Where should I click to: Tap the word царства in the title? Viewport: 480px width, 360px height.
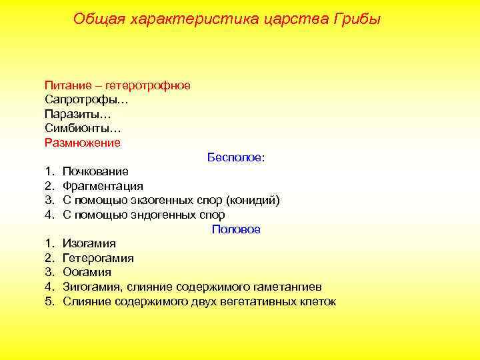click(x=292, y=19)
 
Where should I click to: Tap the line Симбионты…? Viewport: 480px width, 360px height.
click(x=83, y=128)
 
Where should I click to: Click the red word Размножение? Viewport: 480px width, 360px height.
click(x=83, y=143)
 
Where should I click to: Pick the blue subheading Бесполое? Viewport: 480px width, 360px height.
click(x=236, y=158)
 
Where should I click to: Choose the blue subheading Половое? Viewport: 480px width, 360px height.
click(x=236, y=229)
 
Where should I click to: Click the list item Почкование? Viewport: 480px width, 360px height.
click(x=96, y=172)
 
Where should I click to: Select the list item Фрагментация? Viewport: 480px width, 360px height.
click(x=103, y=186)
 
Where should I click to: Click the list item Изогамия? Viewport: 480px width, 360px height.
click(x=89, y=244)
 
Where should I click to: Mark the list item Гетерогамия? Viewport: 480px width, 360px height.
click(x=98, y=258)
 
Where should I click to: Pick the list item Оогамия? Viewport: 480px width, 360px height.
click(x=87, y=273)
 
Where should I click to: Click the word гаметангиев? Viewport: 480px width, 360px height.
click(x=291, y=287)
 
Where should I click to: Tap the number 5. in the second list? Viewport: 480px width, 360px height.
click(x=49, y=301)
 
